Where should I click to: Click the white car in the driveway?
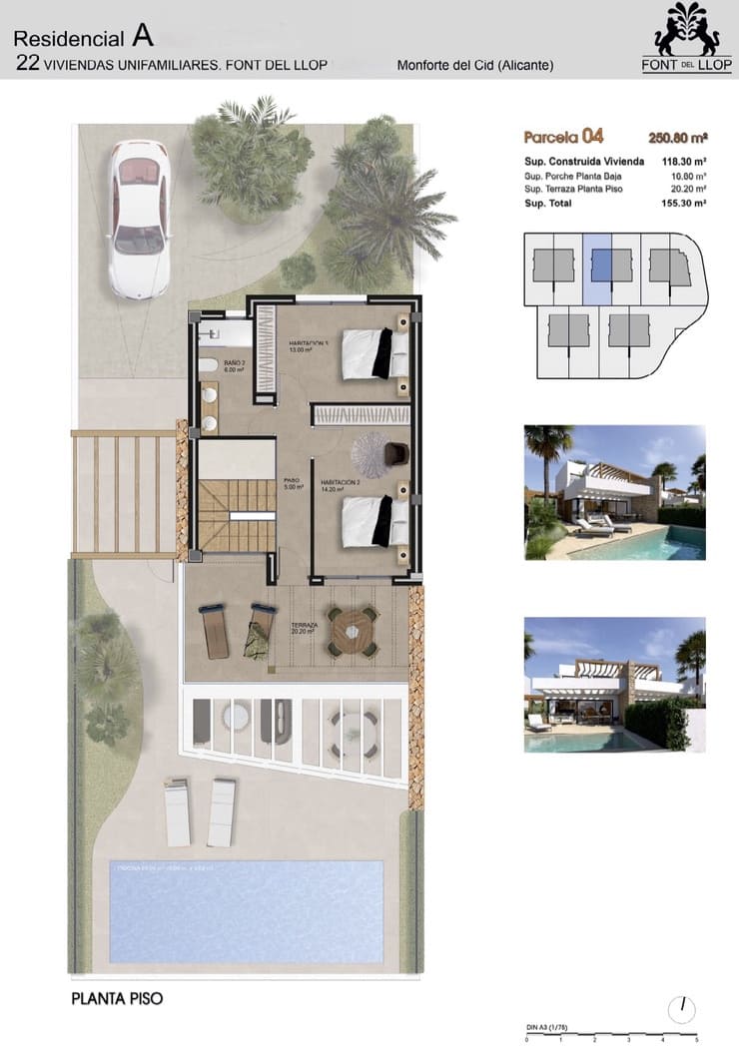(139, 219)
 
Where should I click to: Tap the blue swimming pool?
(245, 910)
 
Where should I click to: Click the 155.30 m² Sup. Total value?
(683, 202)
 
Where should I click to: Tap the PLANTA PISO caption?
(117, 997)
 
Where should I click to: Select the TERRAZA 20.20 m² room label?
(303, 628)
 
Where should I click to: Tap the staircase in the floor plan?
(236, 514)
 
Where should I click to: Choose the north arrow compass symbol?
(684, 1008)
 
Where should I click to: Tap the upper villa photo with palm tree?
(614, 492)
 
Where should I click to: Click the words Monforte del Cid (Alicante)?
(475, 66)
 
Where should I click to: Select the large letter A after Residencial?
(143, 38)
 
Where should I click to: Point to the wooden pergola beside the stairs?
(124, 492)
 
